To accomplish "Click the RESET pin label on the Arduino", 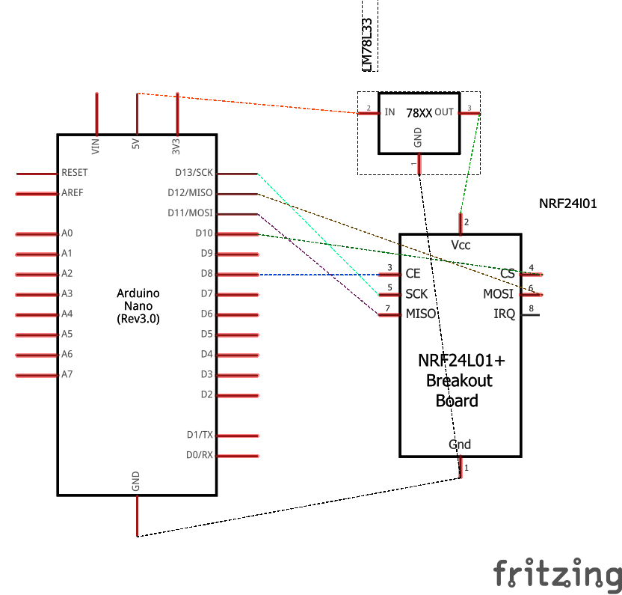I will [x=75, y=173].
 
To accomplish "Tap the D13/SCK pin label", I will [x=194, y=173].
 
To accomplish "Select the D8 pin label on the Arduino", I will [x=206, y=274].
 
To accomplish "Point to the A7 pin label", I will [x=67, y=374].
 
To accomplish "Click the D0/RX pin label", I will [x=200, y=455].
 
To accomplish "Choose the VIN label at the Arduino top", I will [x=96, y=146].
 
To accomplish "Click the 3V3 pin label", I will [x=177, y=146].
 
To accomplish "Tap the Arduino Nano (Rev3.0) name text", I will [x=138, y=306].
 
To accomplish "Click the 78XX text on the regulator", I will [x=419, y=113].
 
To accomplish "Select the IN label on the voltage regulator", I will [x=389, y=113].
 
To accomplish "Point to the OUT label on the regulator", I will [x=444, y=112].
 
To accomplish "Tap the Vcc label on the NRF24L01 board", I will [x=461, y=245].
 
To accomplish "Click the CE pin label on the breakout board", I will [x=413, y=274].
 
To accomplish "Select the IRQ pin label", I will [x=505, y=314].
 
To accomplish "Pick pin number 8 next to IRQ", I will [x=532, y=308].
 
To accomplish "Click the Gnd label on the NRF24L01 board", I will [x=460, y=445].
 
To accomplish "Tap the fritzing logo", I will [x=557, y=574].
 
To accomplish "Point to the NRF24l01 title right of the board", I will [x=567, y=203].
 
